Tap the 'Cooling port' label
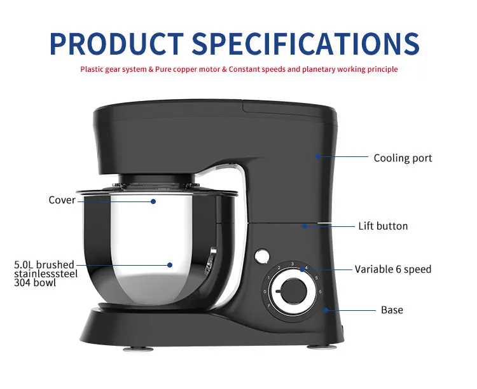403,158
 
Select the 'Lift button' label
382,226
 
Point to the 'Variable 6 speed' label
392,270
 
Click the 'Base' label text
392,310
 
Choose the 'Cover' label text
62,200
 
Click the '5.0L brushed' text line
44,264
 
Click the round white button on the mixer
260,256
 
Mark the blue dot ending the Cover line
153,201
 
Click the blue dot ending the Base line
325,310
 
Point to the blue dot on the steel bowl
170,264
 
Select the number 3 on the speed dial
292,263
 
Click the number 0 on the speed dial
265,292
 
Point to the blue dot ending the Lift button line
304,226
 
